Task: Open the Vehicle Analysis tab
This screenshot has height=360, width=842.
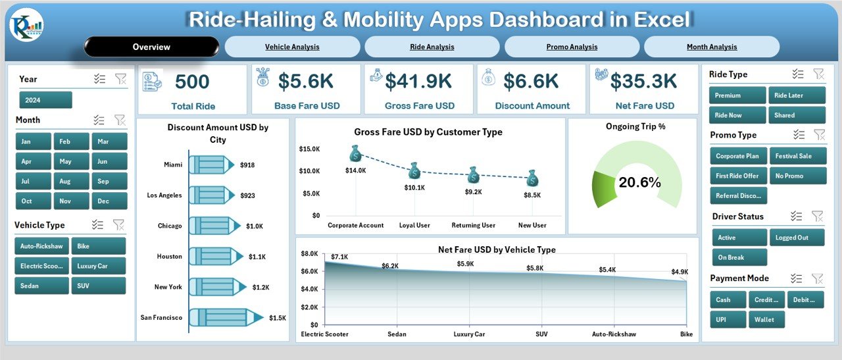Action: (292, 47)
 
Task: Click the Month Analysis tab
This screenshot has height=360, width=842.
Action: (712, 47)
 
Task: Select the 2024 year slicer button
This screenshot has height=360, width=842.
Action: (45, 100)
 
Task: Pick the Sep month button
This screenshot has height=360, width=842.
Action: (103, 181)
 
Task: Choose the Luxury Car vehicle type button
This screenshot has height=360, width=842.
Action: (98, 266)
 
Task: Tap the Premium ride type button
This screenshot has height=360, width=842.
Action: (737, 95)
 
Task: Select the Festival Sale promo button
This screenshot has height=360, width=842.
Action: (797, 156)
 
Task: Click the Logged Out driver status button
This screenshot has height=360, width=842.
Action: (797, 238)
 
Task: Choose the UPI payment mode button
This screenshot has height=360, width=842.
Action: (728, 320)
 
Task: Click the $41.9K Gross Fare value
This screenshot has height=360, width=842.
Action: (418, 82)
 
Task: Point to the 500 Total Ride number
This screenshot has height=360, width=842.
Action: (193, 82)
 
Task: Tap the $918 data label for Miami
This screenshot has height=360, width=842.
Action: (247, 165)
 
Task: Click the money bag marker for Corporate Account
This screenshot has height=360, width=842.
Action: (355, 154)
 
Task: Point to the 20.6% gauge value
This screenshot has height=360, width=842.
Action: (639, 183)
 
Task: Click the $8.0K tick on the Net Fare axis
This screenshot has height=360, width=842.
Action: (309, 254)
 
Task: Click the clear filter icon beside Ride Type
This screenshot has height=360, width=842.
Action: (818, 74)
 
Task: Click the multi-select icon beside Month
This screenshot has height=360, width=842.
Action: (99, 120)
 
